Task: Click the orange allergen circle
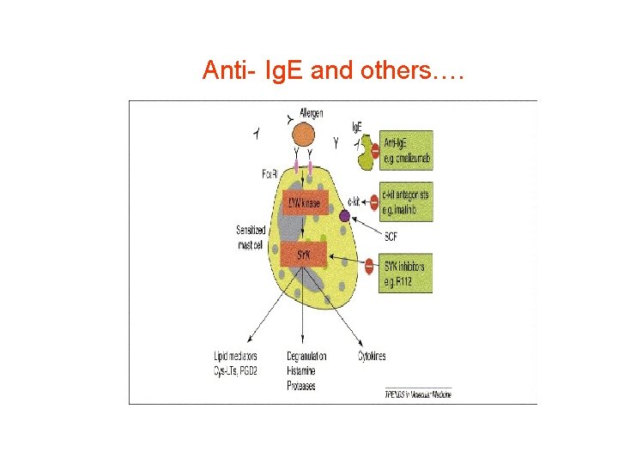[303, 135]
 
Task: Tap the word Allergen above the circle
[312, 112]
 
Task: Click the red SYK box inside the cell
[305, 254]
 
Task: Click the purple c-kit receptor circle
[344, 216]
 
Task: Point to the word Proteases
[301, 386]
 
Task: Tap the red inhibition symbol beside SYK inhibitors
[369, 266]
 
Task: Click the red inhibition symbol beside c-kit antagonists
[373, 202]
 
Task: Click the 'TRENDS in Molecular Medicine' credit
[418, 394]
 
